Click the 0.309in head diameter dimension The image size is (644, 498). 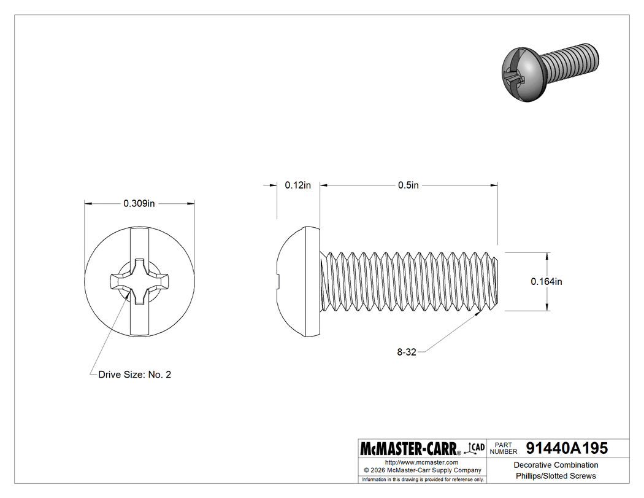tap(139, 203)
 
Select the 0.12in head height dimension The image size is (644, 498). tap(298, 185)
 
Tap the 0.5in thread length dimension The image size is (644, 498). tap(408, 185)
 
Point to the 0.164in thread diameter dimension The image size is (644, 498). tap(546, 281)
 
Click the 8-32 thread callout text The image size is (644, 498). tap(407, 352)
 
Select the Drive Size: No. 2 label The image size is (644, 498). tap(134, 374)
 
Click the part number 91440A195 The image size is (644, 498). tap(567, 448)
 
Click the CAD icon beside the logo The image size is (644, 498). tap(476, 448)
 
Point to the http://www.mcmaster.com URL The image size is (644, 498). tap(421, 462)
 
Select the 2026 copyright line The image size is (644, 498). tap(421, 470)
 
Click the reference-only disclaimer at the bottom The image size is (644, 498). tap(423, 479)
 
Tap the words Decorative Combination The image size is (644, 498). tap(556, 465)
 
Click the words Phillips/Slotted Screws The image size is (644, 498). tap(556, 476)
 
